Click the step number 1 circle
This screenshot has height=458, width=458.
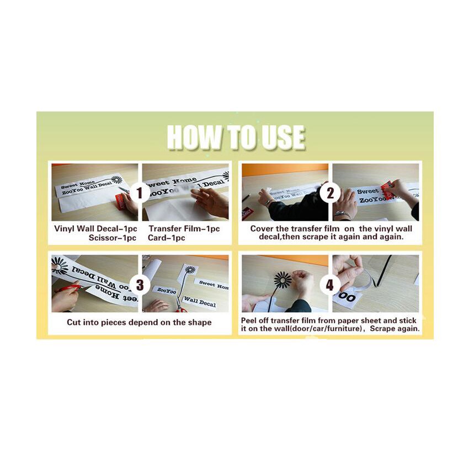(x=140, y=193)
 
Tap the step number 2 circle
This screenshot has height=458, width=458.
(x=330, y=193)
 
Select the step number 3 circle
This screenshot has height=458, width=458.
(x=140, y=285)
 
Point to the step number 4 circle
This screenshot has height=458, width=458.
(x=330, y=285)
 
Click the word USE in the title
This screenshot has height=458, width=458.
(x=283, y=137)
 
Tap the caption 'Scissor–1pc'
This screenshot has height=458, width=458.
(x=113, y=238)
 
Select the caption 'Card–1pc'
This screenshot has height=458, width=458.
(x=166, y=238)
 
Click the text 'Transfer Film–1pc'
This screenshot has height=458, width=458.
(x=184, y=228)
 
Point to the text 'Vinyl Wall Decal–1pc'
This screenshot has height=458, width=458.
(x=95, y=228)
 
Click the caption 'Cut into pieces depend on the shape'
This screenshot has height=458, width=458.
(x=139, y=322)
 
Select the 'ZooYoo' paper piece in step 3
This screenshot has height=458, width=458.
(x=166, y=290)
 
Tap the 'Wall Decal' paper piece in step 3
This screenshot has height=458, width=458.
(x=200, y=301)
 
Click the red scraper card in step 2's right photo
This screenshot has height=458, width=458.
(x=386, y=189)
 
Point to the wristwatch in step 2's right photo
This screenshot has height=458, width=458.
(x=343, y=215)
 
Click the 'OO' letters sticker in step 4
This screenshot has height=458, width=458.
(x=347, y=297)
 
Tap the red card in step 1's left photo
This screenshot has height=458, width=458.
(x=121, y=201)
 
